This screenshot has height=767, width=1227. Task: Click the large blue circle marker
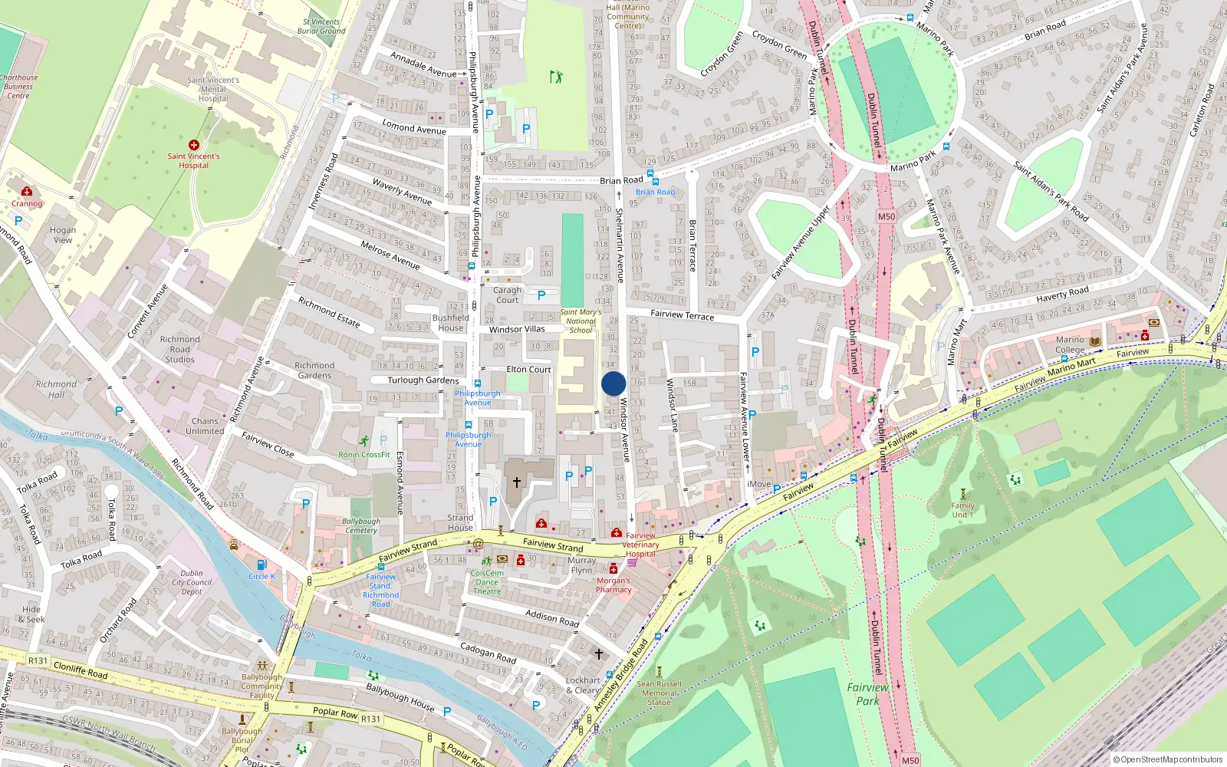point(613,383)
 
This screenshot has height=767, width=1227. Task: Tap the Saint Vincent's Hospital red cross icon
point(194,144)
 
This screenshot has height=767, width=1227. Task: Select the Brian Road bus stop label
point(656,192)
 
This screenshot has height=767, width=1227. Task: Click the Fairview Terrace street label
point(682,314)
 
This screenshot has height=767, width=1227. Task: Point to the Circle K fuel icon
point(262,565)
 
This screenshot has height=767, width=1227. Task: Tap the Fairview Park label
point(867,694)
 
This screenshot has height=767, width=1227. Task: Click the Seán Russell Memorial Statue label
point(659,693)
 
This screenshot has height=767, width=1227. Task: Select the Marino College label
point(1070,344)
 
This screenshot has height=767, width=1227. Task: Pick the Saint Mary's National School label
point(581,321)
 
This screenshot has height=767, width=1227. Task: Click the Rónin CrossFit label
point(364,454)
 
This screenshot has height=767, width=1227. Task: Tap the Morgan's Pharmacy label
point(613,585)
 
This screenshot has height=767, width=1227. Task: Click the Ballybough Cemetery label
point(360,525)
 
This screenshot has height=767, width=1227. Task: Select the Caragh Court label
point(507,295)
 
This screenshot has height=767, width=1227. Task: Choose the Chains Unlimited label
point(205,426)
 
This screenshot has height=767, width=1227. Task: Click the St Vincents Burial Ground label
point(321,27)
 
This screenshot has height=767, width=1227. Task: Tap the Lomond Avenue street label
point(414,128)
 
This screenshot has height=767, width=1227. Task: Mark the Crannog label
point(27,203)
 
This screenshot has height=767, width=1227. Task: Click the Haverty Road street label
point(1062,294)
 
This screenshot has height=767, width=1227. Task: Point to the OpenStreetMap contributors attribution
point(1167,759)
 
